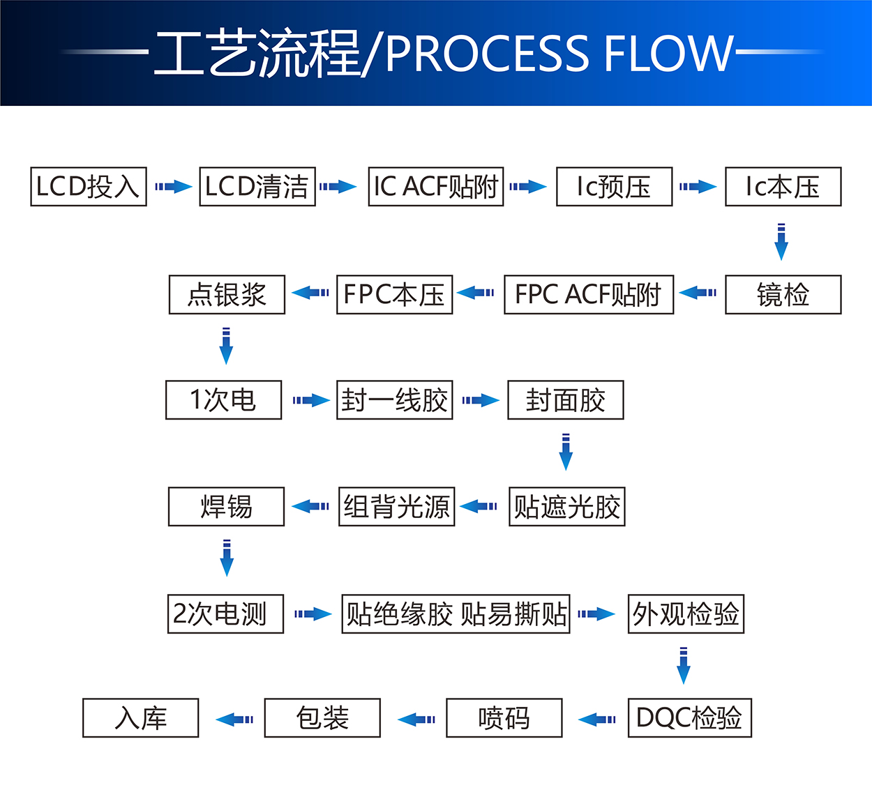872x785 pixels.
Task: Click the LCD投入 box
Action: (x=89, y=187)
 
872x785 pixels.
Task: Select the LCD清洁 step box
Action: (x=257, y=187)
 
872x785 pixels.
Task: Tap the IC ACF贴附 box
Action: (x=436, y=187)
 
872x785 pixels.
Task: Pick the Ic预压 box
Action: (x=614, y=187)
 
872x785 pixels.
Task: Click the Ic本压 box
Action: (x=783, y=187)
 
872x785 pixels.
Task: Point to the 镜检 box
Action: (x=783, y=295)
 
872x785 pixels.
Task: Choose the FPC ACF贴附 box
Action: (x=589, y=295)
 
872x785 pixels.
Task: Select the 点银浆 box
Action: (x=227, y=295)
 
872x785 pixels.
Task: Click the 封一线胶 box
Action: (x=395, y=400)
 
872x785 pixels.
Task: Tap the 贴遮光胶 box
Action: (x=566, y=507)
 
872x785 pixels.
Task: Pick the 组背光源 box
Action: (x=396, y=507)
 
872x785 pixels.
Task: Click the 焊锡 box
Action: (x=226, y=507)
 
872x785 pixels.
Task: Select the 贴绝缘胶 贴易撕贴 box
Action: (x=456, y=614)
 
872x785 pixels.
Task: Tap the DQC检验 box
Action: (x=689, y=718)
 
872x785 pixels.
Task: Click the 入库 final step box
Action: (x=140, y=718)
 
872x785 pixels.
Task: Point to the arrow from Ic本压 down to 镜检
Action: (x=781, y=242)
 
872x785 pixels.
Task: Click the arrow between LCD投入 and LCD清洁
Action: (x=173, y=187)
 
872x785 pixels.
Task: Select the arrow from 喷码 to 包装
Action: (x=416, y=719)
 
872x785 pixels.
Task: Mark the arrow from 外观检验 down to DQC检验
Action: (x=684, y=666)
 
